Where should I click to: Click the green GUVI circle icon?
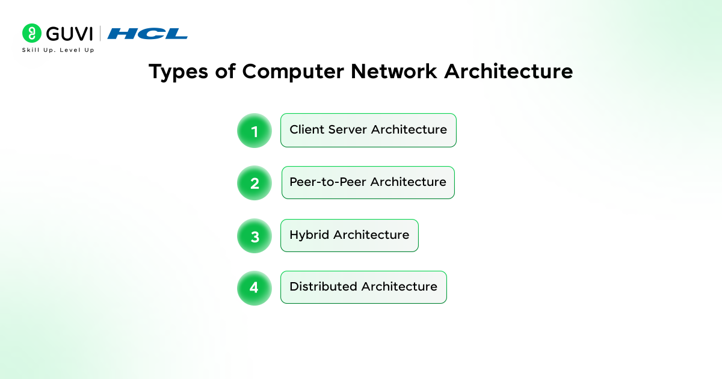pyautogui.click(x=31, y=33)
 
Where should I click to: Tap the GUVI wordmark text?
pyautogui.click(x=69, y=34)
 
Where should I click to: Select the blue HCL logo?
pyautogui.click(x=147, y=34)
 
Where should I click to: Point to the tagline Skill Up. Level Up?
pyautogui.click(x=58, y=50)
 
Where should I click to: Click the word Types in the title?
pyautogui.click(x=178, y=72)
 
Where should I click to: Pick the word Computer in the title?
pyautogui.click(x=293, y=72)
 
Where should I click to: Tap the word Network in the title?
pyautogui.click(x=394, y=71)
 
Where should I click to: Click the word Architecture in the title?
pyautogui.click(x=508, y=71)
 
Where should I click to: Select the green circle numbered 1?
pyautogui.click(x=255, y=131)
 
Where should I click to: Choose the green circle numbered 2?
pyautogui.click(x=255, y=183)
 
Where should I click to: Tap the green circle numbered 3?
pyautogui.click(x=255, y=236)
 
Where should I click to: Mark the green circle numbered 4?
pyautogui.click(x=255, y=288)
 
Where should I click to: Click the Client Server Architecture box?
pyautogui.click(x=368, y=130)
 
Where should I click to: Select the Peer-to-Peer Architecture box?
pyautogui.click(x=368, y=182)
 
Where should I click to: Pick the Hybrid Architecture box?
pyautogui.click(x=350, y=235)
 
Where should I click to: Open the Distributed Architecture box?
pyautogui.click(x=363, y=287)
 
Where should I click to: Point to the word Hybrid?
pyautogui.click(x=309, y=235)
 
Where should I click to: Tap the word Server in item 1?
pyautogui.click(x=348, y=129)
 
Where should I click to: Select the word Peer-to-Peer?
pyautogui.click(x=328, y=182)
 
